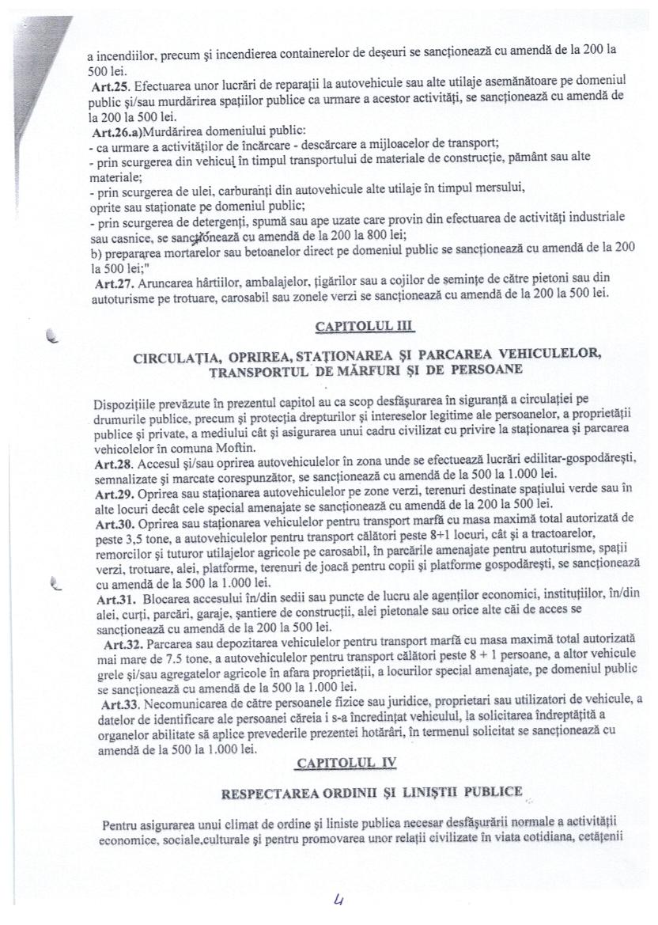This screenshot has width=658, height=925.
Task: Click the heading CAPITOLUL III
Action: [x=364, y=325]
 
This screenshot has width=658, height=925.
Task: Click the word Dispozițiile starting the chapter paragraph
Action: [x=122, y=404]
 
